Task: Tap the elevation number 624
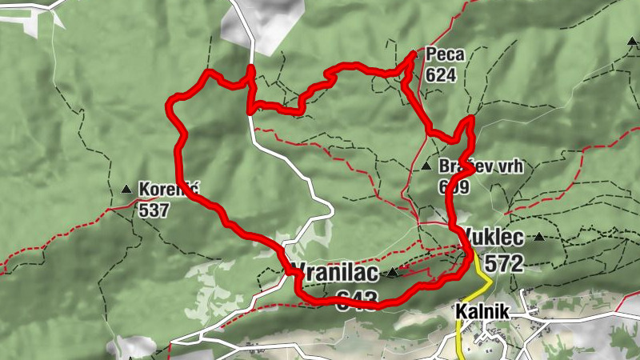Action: (x=442, y=76)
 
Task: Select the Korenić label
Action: (x=168, y=190)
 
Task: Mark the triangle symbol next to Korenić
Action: (x=126, y=190)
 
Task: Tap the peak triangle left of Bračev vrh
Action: (x=426, y=166)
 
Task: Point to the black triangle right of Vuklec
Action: (x=540, y=237)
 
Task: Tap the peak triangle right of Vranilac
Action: (x=393, y=274)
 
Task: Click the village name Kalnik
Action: (x=483, y=310)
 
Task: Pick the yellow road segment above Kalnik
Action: (x=481, y=272)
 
